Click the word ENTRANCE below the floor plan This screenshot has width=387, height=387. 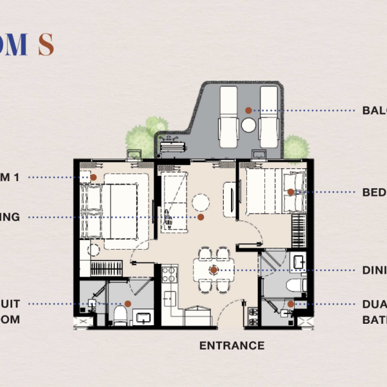232,346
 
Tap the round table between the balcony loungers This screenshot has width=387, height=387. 248,125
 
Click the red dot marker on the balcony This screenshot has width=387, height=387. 248,111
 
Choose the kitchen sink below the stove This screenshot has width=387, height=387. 170,298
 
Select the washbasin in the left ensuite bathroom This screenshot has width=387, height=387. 144,317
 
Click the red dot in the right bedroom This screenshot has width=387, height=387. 291,192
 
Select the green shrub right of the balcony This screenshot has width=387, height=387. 295,146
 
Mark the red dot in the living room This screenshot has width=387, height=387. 201,217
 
